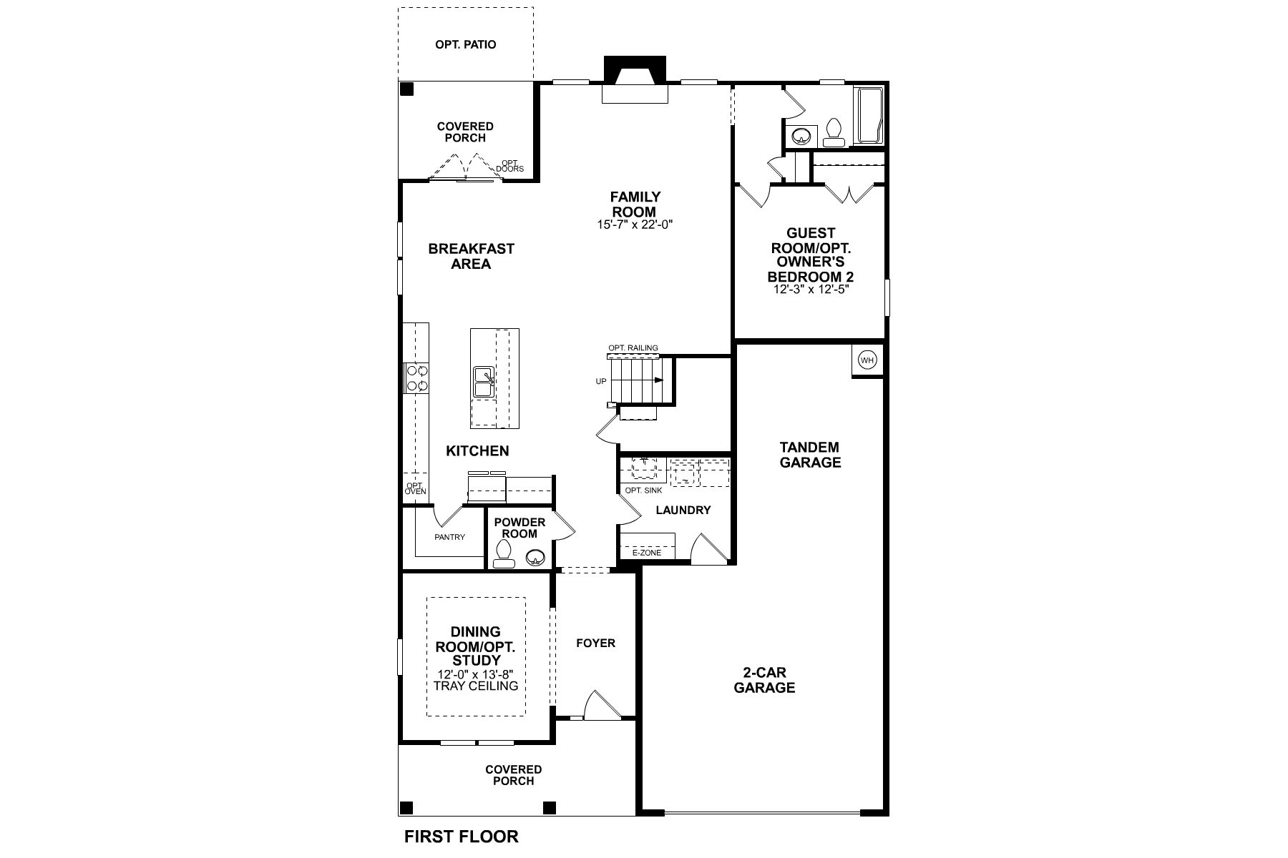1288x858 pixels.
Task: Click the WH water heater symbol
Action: pos(867,360)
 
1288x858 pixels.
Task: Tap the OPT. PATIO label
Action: pos(465,44)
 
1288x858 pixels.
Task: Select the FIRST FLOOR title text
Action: pos(461,836)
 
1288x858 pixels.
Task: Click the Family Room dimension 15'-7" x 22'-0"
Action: pos(635,225)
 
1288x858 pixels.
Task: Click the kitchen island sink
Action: pos(484,382)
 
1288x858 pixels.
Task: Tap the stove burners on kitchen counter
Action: pos(416,378)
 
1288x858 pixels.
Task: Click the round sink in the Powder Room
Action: pos(535,557)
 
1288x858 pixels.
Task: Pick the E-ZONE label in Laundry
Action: pos(646,553)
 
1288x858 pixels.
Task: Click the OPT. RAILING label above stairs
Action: pos(633,348)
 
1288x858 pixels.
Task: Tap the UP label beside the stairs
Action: pos(601,381)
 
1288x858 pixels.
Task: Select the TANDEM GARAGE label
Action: pos(810,455)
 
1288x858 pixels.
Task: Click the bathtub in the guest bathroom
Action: pos(870,116)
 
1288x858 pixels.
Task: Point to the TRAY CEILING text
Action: pos(476,686)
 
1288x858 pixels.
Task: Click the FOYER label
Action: pos(595,643)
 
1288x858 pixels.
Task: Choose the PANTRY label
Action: pos(449,537)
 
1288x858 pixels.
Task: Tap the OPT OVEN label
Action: pos(415,488)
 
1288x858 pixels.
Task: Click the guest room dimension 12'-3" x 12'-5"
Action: pos(810,290)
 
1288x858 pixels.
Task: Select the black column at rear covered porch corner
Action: pos(406,89)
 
